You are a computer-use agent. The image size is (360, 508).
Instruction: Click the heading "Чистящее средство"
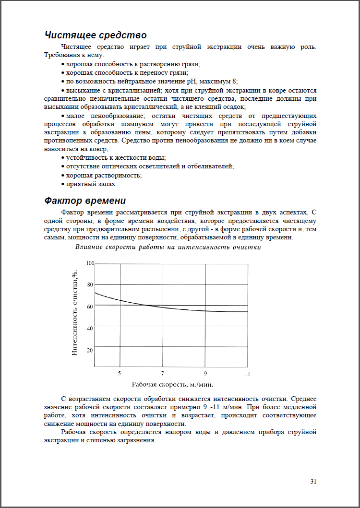point(95,35)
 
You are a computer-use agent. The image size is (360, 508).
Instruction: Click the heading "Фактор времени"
point(84,201)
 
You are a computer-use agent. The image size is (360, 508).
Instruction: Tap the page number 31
point(313,481)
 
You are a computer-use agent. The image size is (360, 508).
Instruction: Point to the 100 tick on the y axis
point(90,263)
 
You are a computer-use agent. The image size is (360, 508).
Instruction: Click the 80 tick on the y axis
point(90,284)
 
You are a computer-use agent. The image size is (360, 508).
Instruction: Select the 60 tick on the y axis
point(90,307)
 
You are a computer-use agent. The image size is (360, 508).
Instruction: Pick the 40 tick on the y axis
point(90,329)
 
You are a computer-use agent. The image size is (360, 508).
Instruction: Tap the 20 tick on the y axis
point(90,350)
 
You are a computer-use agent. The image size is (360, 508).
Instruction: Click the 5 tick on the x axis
point(120,373)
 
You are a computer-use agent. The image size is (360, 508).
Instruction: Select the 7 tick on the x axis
point(162,373)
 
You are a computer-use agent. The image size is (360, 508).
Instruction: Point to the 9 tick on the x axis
point(205,373)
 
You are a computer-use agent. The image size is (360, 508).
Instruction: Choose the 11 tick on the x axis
point(248,373)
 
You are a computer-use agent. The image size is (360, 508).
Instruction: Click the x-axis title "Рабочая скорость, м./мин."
point(172,384)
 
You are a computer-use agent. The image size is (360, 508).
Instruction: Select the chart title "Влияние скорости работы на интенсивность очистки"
point(168,248)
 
